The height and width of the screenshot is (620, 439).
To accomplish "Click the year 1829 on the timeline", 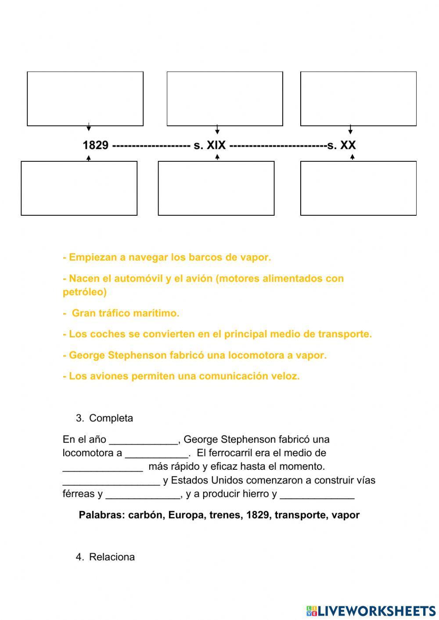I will [x=95, y=145].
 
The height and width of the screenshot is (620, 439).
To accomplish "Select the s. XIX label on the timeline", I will [x=209, y=145].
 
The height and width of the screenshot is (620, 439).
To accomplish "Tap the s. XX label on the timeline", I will [x=342, y=145].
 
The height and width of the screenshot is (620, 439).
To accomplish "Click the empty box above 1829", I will [x=85, y=99].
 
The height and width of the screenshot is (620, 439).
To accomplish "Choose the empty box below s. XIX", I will [x=216, y=188].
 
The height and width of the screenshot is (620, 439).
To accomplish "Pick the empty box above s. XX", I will [x=358, y=99].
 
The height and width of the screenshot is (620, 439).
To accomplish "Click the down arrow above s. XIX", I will [x=217, y=130].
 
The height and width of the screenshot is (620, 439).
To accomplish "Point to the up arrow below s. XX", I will [x=352, y=157].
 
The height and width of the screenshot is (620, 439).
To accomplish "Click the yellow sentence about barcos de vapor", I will [x=167, y=257].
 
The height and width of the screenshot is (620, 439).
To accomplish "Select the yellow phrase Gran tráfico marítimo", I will [x=126, y=313].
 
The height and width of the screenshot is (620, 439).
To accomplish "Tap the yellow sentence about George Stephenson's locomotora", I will [x=195, y=355].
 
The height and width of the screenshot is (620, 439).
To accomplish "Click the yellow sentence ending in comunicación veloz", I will [x=181, y=376].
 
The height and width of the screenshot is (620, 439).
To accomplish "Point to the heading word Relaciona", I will [x=112, y=557].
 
